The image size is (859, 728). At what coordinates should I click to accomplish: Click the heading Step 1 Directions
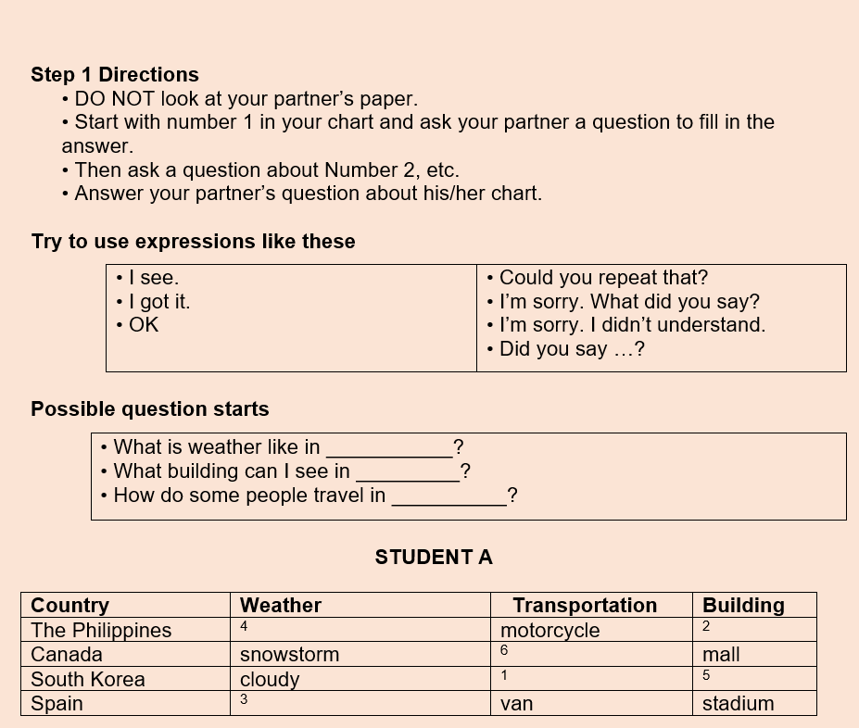[115, 75]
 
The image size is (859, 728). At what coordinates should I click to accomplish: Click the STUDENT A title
[434, 558]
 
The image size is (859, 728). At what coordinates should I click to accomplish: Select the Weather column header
[281, 606]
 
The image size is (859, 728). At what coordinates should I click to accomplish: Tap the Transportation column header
[585, 606]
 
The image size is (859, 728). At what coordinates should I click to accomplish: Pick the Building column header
[743, 606]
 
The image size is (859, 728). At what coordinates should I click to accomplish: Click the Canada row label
[67, 655]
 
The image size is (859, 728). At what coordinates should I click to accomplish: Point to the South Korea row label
[88, 679]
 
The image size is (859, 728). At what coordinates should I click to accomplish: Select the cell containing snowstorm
[289, 655]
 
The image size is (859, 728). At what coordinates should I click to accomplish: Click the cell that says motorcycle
[550, 631]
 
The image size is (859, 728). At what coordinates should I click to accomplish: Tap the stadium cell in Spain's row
[738, 704]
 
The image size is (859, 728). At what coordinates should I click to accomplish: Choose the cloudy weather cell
[270, 680]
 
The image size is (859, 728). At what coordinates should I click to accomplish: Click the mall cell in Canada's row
[721, 655]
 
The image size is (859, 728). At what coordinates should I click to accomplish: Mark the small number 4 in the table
[244, 627]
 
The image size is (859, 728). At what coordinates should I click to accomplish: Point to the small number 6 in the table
[504, 651]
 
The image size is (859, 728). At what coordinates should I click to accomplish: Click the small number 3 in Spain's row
[244, 699]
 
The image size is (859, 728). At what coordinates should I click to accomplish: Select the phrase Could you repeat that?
[603, 278]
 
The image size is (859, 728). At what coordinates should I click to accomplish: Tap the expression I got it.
[159, 302]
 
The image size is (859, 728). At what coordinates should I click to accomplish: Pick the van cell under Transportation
[516, 704]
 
